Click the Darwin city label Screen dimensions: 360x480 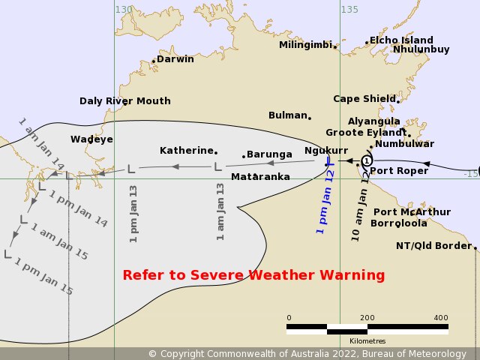pyautogui.click(x=175, y=58)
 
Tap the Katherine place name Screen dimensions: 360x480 pyautogui.click(x=187, y=150)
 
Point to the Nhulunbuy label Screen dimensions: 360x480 pyautogui.click(x=421, y=49)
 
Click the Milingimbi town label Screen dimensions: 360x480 pyautogui.click(x=304, y=45)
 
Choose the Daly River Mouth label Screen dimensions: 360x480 pyautogui.click(x=125, y=101)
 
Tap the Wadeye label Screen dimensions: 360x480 pyautogui.click(x=91, y=139)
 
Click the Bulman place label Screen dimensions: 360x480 pyautogui.click(x=288, y=115)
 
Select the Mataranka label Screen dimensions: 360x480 pyautogui.click(x=260, y=177)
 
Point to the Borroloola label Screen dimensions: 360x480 pyautogui.click(x=399, y=223)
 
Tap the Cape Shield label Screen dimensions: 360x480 pyautogui.click(x=364, y=98)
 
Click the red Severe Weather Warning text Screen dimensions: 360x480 pyautogui.click(x=253, y=275)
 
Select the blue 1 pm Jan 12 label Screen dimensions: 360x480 pyautogui.click(x=325, y=201)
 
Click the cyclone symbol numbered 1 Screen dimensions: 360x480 pyautogui.click(x=366, y=160)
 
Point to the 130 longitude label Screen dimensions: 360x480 pyautogui.click(x=124, y=9)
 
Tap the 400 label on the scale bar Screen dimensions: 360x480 pyautogui.click(x=441, y=317)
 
